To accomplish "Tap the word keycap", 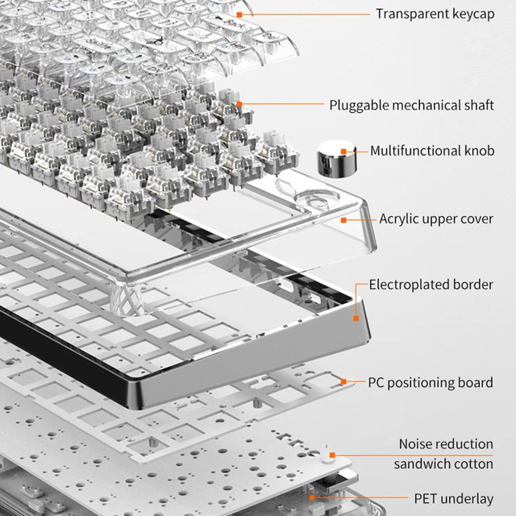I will pyautogui.click(x=473, y=14).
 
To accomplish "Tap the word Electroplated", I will pyautogui.click(x=410, y=285).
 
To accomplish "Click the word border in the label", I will pyautogui.click(x=474, y=285).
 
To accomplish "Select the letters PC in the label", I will pyautogui.click(x=377, y=382).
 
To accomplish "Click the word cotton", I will pyautogui.click(x=474, y=464).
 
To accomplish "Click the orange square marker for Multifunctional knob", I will pyautogui.click(x=343, y=151).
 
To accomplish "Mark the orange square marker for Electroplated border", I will pyautogui.click(x=356, y=318).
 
